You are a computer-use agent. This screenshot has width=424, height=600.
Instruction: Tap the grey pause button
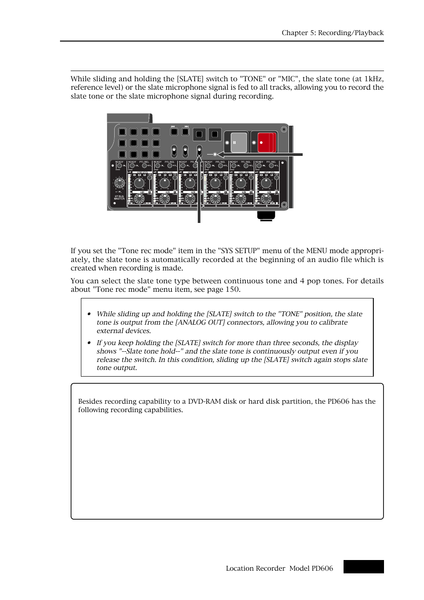[238, 143]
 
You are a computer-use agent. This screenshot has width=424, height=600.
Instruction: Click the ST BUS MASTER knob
[119, 183]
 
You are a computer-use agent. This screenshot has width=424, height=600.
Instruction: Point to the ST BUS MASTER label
[119, 197]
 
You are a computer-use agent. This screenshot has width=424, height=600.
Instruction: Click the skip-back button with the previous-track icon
[174, 131]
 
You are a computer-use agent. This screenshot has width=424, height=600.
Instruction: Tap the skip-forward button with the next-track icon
[186, 131]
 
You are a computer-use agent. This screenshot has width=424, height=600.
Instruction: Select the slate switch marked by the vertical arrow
[199, 151]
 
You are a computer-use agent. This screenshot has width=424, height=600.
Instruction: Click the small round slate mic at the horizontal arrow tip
[215, 155]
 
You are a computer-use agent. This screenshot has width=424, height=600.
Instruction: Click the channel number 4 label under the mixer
[216, 206]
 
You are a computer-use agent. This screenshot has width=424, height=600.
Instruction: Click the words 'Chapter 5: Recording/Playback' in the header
[332, 33]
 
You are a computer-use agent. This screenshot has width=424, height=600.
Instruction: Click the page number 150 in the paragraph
[232, 290]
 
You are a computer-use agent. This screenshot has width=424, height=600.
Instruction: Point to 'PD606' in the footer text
[322, 568]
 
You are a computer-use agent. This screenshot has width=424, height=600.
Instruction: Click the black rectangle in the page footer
[363, 567]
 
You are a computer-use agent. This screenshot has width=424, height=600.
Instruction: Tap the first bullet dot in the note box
[89, 314]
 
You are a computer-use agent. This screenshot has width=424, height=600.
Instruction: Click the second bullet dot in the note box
[89, 343]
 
